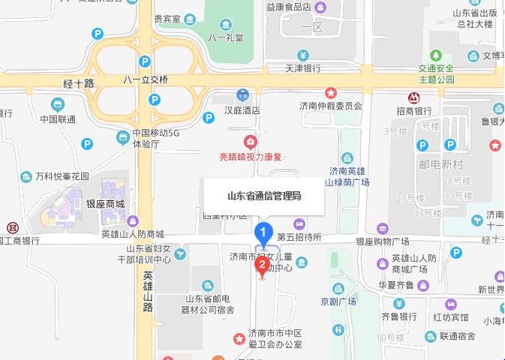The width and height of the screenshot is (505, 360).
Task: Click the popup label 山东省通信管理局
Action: pyautogui.click(x=264, y=196)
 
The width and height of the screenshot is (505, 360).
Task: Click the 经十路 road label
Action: pyautogui.click(x=77, y=83)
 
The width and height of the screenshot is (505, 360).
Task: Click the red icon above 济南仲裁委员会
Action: pyautogui.click(x=330, y=92)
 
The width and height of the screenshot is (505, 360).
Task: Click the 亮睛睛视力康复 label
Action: pyautogui.click(x=249, y=157)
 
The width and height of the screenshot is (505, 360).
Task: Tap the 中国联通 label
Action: pyautogui.click(x=58, y=119)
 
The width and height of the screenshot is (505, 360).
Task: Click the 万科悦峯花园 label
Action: pyautogui.click(x=62, y=177)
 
